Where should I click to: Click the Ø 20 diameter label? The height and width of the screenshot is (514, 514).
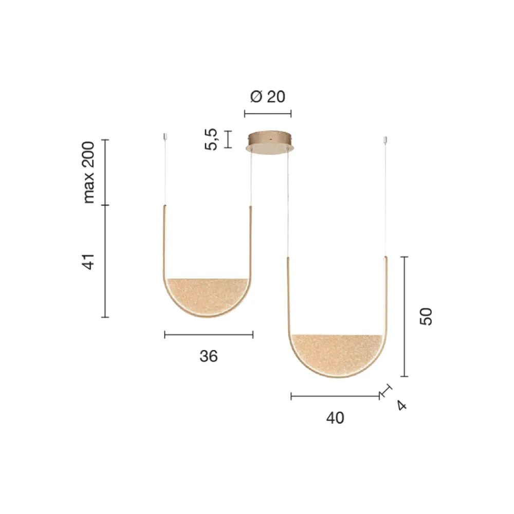(267, 97)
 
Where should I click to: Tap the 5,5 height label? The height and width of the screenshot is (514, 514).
(211, 139)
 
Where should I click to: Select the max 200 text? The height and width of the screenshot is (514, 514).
(88, 172)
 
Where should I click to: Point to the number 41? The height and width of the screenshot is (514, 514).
(88, 261)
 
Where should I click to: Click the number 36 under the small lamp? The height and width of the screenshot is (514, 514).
(209, 356)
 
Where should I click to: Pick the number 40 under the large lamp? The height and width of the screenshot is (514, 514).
(335, 418)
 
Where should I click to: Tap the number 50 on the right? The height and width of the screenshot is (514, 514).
(426, 316)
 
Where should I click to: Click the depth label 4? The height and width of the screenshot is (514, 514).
(401, 406)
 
